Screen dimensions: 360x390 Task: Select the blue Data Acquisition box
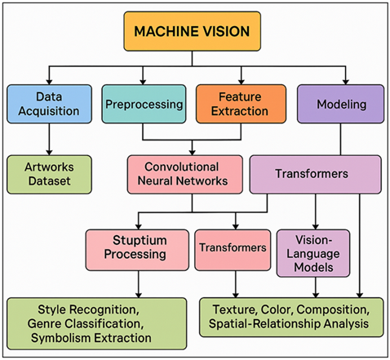(x=49, y=104)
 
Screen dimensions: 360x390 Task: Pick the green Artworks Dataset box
(x=49, y=173)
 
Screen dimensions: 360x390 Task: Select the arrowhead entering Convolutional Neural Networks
(x=193, y=153)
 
